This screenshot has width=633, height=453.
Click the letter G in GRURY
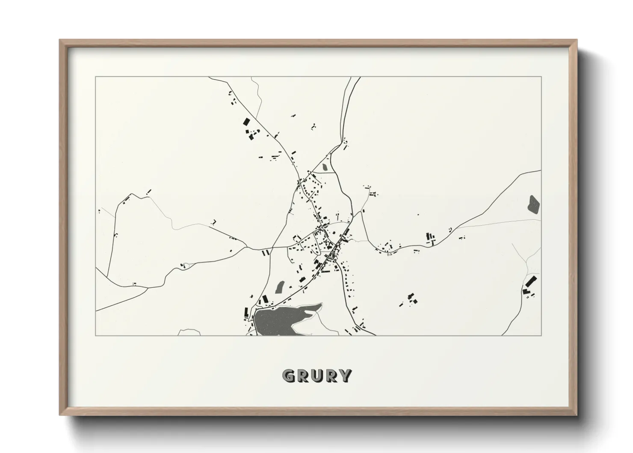[289, 376]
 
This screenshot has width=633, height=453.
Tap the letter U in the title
[317, 376]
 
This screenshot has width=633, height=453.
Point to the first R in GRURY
[303, 376]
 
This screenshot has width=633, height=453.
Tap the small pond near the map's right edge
[534, 204]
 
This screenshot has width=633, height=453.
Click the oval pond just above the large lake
[280, 286]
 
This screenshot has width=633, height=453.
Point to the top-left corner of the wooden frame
[60, 40]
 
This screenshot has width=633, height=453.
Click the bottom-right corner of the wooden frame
[577, 414]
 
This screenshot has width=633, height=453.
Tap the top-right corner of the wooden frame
[577, 40]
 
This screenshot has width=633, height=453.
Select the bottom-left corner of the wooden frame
[60, 414]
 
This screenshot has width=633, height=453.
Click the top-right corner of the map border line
[541, 77]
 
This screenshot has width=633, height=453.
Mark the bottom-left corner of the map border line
[96, 335]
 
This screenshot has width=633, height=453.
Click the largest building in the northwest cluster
[246, 122]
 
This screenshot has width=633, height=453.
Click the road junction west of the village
[247, 247]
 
